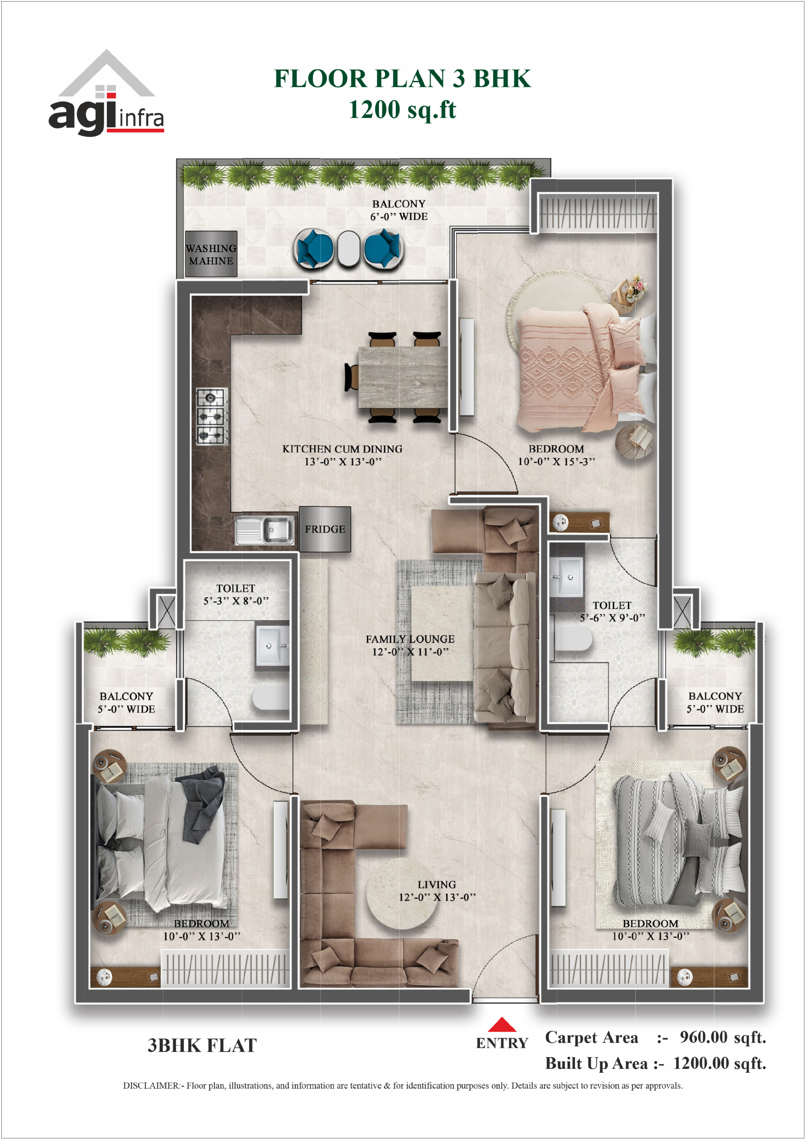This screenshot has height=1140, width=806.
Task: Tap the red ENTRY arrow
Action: tap(501, 1024)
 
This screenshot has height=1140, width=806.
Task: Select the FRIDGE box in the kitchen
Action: tap(325, 529)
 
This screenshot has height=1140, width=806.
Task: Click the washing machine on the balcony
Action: tap(211, 254)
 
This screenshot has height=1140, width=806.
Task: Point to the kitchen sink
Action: tap(265, 531)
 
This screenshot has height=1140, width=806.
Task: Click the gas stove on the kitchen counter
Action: tap(212, 415)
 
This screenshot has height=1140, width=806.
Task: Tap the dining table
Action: tap(403, 377)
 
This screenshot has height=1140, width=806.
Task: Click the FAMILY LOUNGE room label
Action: tap(410, 639)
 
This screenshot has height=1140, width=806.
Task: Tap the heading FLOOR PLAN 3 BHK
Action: tap(402, 78)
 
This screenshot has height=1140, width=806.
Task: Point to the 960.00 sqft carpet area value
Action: tap(723, 1037)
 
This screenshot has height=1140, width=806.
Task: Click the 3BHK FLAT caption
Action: tap(202, 1045)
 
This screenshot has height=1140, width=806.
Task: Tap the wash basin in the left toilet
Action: tap(272, 644)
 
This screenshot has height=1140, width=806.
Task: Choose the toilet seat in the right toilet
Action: tap(574, 638)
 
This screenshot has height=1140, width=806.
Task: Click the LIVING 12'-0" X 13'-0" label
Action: tap(437, 891)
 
